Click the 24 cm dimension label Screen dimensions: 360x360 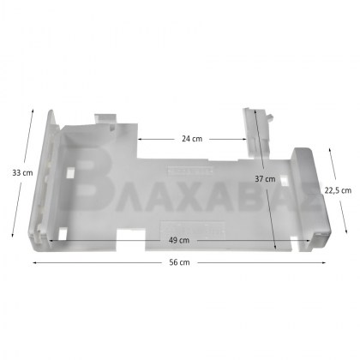tap(192, 139)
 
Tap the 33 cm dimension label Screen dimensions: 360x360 tap(22, 173)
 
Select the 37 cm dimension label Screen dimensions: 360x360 tap(265, 179)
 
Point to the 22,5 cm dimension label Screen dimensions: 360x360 tap(338, 190)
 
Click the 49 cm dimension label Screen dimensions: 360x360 tap(179, 240)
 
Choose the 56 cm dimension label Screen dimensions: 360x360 tap(179, 262)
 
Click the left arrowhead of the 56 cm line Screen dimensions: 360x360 tap(35, 262)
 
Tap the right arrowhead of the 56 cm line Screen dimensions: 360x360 tap(324, 262)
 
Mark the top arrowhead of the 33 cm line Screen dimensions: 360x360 tap(33, 111)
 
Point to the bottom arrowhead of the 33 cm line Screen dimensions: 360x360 tap(13, 235)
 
